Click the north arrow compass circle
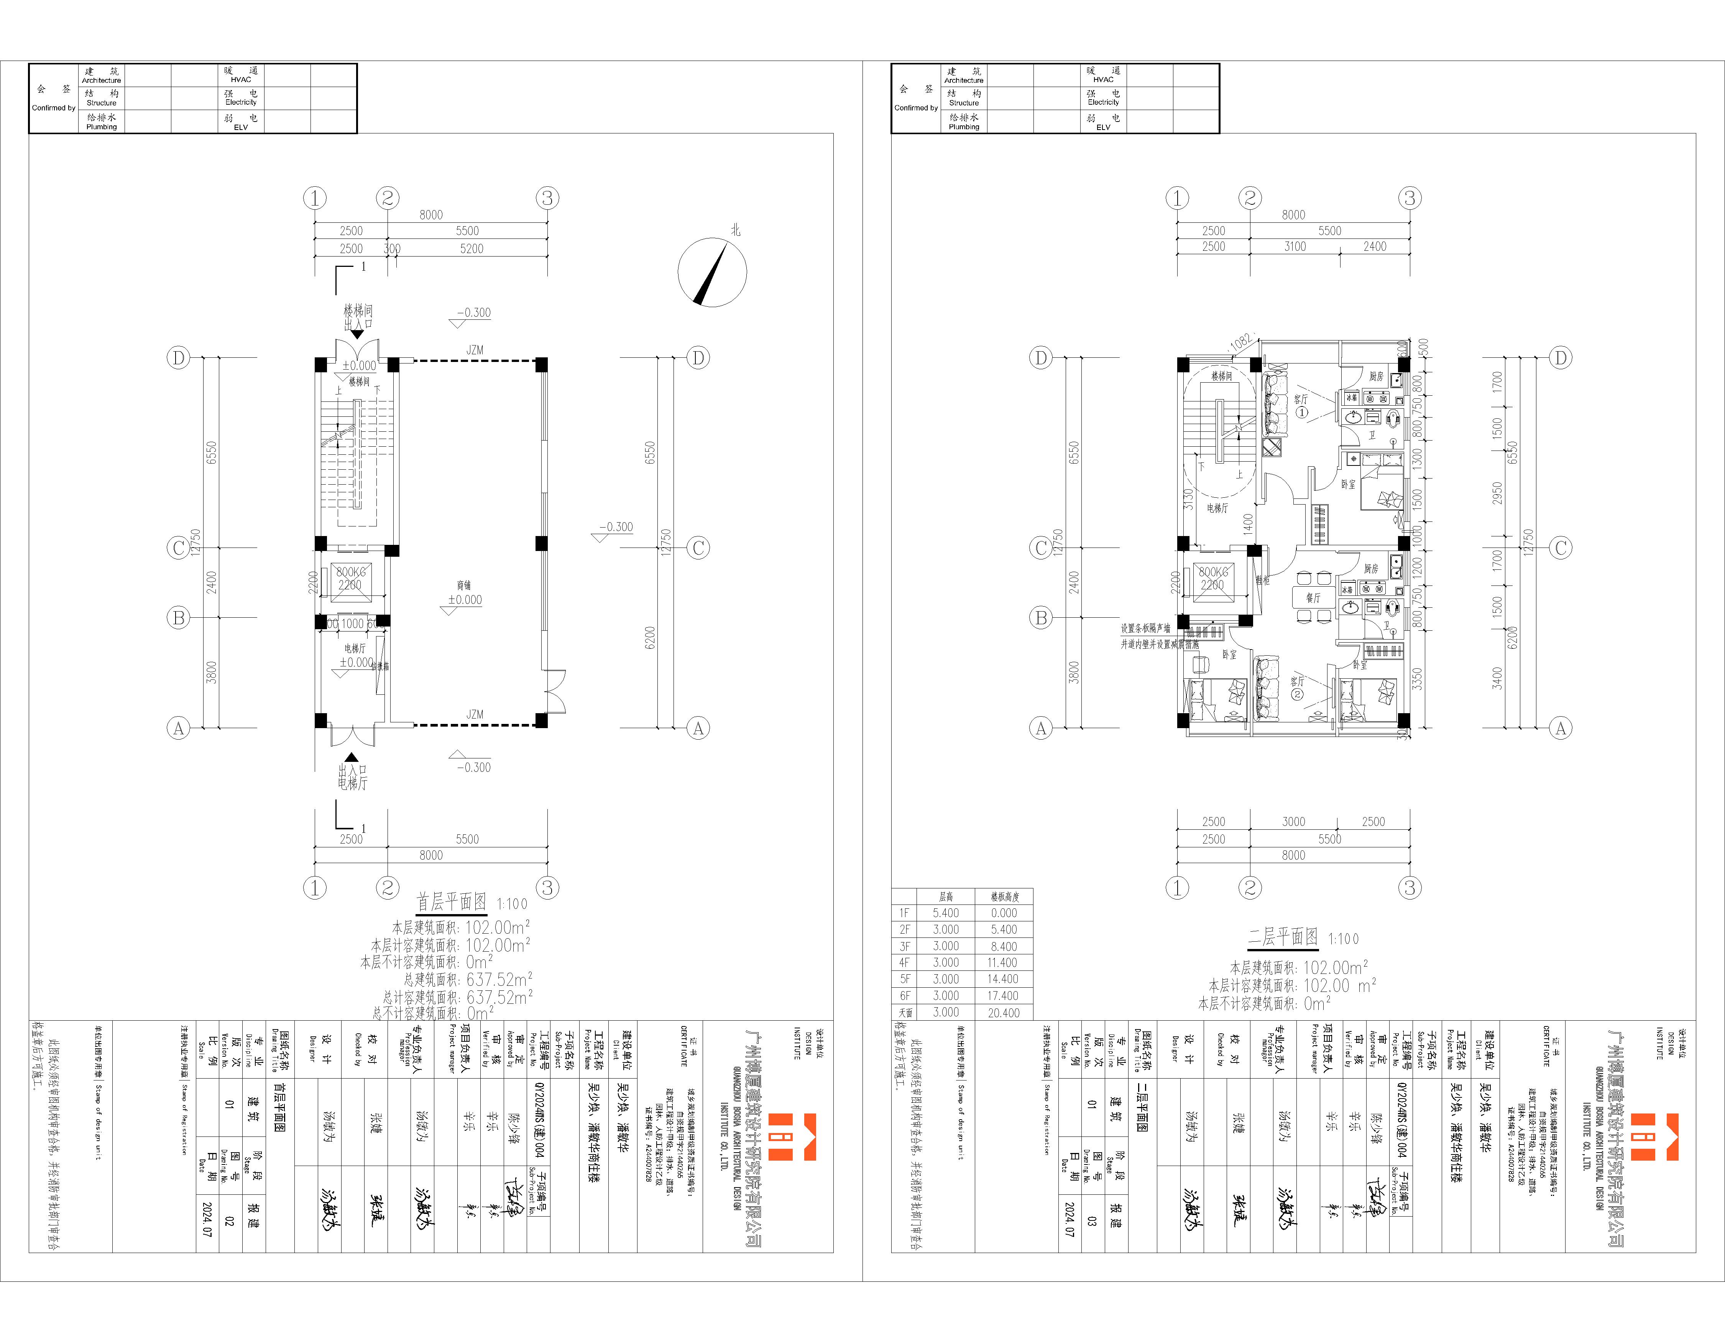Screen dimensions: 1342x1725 [x=711, y=273]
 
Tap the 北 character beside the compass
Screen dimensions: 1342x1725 [x=735, y=230]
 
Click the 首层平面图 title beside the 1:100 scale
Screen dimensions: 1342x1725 [x=451, y=902]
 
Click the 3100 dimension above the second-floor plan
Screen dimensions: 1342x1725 [x=1295, y=247]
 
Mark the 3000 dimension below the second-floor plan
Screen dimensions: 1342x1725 [x=1293, y=821]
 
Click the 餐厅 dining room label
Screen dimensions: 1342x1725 [x=1313, y=598]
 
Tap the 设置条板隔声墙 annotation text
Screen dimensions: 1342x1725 [x=1145, y=629]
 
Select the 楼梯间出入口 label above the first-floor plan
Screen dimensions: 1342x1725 [x=358, y=317]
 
